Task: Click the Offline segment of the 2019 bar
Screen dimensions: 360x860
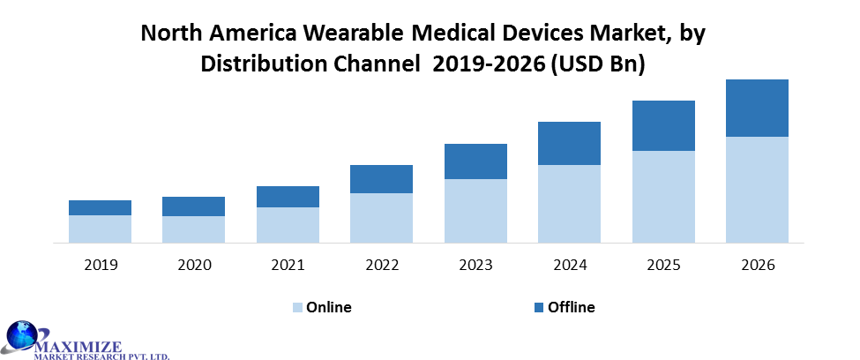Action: point(100,207)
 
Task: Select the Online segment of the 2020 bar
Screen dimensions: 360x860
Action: point(193,229)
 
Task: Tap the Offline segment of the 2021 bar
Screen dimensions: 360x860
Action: point(288,197)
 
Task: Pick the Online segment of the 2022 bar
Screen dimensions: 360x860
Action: point(381,218)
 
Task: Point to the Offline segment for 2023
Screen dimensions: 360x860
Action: point(475,161)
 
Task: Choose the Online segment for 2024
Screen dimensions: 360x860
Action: point(569,204)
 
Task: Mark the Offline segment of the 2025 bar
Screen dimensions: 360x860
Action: point(663,125)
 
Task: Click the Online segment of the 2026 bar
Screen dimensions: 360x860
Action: point(757,190)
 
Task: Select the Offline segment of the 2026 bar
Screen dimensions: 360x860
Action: point(757,108)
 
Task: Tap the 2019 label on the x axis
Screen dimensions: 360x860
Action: point(100,265)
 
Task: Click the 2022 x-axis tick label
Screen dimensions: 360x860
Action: point(381,265)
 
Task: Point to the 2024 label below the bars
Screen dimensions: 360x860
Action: point(569,265)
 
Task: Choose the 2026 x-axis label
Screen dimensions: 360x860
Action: point(757,265)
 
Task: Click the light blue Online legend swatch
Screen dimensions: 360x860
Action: point(297,308)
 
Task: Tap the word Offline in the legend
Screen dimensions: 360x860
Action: point(572,308)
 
